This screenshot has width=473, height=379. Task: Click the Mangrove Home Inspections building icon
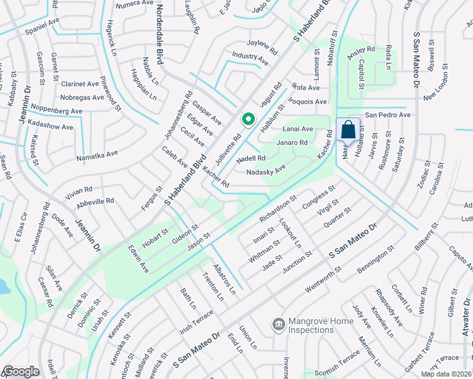278,325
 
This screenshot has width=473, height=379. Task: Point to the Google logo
20,371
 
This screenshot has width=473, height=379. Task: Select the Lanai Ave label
298,129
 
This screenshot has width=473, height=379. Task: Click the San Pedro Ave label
388,115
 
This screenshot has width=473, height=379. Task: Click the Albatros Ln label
224,279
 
